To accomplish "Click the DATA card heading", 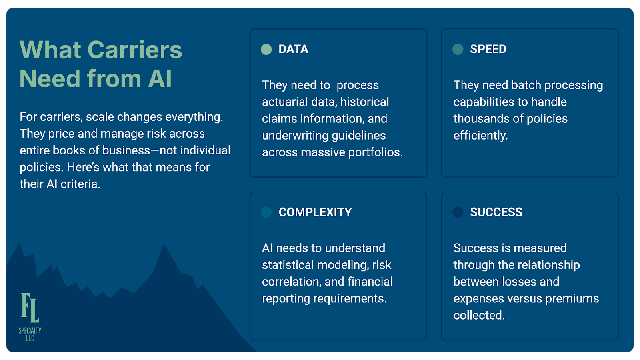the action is (x=293, y=49).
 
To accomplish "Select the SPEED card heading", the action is (x=488, y=49).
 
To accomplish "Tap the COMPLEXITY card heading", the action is (x=315, y=212).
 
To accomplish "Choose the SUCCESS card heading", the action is (x=496, y=212).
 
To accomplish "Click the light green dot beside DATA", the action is (x=266, y=49).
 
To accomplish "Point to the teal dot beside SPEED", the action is (x=458, y=49).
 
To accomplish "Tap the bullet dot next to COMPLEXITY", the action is (x=266, y=212).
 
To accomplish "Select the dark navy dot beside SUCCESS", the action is (x=458, y=212).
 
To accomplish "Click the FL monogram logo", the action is (x=30, y=308).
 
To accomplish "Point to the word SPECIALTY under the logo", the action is (x=30, y=330).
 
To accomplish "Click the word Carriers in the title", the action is (x=135, y=50).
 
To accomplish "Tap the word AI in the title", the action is (x=160, y=78).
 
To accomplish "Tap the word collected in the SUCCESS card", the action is (x=479, y=316).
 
